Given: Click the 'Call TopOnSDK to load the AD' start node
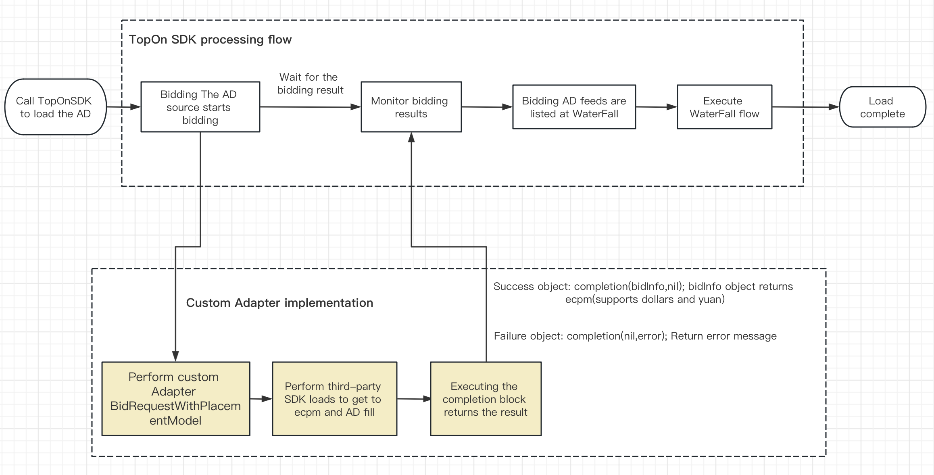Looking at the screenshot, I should pos(55,107).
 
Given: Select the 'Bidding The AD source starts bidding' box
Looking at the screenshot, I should pos(200,107).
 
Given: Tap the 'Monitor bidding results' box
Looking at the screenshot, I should pos(411,107).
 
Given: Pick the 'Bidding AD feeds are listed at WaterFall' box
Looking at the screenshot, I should pos(574,107).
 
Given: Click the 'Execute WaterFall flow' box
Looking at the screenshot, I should pos(724,107).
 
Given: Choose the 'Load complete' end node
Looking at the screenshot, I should pos(882,107).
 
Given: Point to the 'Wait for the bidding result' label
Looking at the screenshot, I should pos(310,83).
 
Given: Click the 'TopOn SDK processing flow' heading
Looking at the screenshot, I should pos(210,40).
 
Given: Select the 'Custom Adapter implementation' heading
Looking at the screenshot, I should pos(279,303).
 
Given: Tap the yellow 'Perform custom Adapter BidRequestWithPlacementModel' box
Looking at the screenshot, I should pos(175,398).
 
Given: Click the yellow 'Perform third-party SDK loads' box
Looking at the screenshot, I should pos(334,398).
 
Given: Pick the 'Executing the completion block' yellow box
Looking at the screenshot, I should pos(486,398).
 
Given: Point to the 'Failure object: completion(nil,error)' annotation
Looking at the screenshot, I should pos(635,336).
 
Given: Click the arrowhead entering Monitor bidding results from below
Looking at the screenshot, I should pos(411,138).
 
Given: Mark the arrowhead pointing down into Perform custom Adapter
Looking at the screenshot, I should pos(175,356).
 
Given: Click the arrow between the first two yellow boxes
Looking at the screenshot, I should pos(261,399).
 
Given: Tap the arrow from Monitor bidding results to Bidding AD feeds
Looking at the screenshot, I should pos(486,107).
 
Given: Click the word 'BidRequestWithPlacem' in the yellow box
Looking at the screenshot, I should pos(175,406).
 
